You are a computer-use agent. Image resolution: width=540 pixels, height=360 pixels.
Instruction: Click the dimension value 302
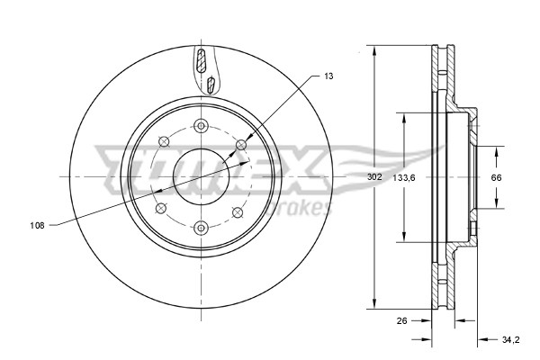374,177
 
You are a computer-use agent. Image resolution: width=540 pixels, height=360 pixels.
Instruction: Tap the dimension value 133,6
403,177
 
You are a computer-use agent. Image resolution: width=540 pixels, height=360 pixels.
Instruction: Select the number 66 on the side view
495,177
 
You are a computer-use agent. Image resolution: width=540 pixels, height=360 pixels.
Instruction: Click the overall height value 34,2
510,339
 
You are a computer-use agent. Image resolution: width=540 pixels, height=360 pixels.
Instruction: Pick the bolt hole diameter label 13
328,77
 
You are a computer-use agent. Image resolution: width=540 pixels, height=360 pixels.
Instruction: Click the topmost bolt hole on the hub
201,125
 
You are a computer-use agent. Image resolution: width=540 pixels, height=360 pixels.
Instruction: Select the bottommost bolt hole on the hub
201,226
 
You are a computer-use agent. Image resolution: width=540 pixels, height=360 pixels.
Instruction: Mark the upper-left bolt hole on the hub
163,140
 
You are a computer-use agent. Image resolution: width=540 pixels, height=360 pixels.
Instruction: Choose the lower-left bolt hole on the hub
163,210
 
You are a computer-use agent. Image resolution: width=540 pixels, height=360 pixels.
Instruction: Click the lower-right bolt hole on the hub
238,211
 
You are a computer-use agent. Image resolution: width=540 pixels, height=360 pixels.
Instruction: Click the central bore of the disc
201,175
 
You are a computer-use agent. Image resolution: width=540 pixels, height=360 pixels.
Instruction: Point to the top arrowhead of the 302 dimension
374,49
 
